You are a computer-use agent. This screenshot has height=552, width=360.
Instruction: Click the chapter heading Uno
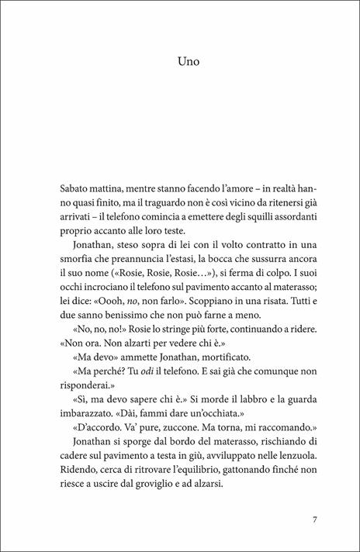pos(179,59)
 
